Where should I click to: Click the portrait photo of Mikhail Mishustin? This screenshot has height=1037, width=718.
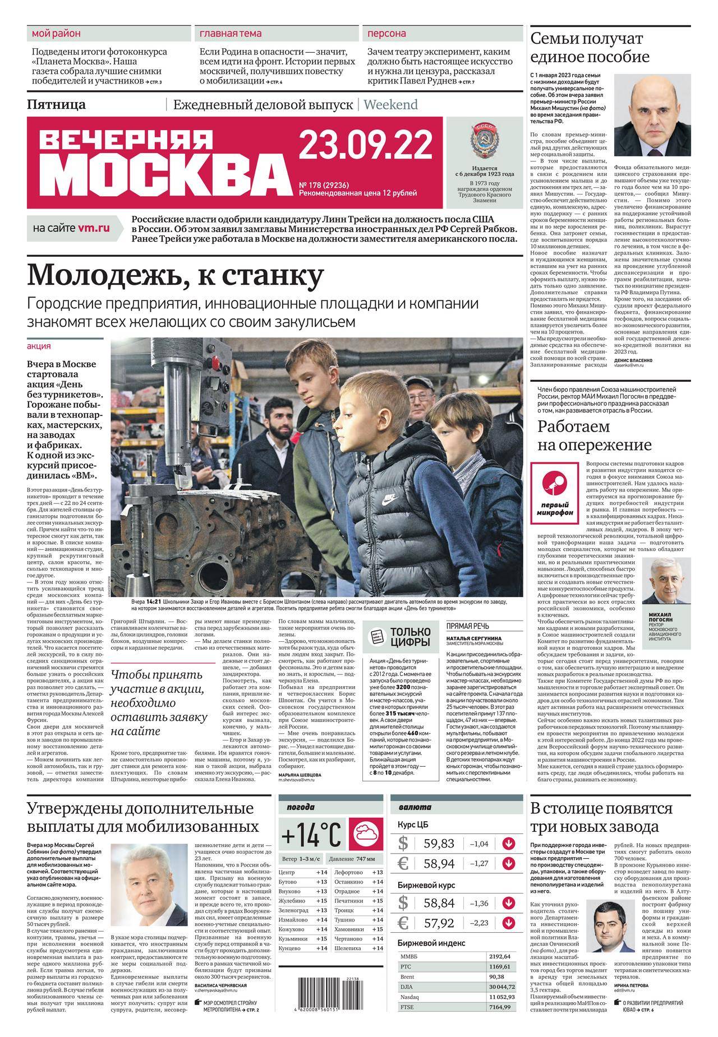(653, 118)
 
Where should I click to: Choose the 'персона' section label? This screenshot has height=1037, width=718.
(387, 34)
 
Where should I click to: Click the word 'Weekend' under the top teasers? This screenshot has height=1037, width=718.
(390, 104)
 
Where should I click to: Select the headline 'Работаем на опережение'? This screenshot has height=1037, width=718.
(595, 435)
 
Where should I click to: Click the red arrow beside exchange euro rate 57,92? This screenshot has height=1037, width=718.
(509, 923)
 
